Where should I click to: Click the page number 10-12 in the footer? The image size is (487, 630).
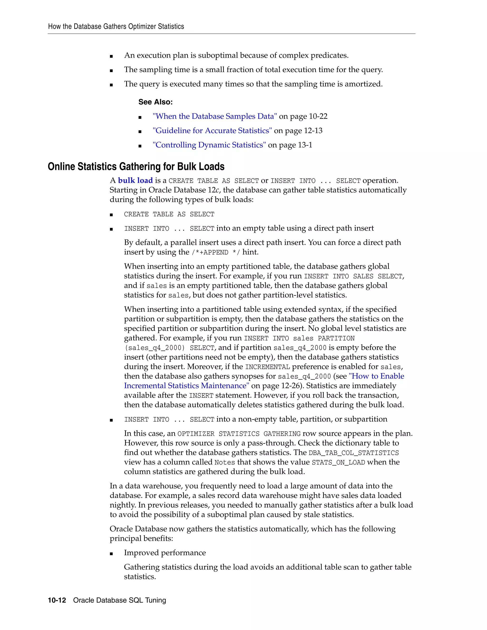click(57, 600)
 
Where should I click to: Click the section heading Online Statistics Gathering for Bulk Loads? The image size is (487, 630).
click(136, 166)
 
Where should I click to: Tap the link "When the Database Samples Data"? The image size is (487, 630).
click(215, 116)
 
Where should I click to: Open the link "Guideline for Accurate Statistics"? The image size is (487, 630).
click(212, 131)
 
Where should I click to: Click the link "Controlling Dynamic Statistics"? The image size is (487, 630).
click(209, 145)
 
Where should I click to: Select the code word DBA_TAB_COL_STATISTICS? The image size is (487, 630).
click(353, 453)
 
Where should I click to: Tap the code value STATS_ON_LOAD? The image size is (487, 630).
click(338, 462)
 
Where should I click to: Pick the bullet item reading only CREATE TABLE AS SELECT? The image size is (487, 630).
click(169, 214)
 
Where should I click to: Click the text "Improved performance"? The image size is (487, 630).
click(165, 553)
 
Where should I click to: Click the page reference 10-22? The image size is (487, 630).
click(318, 116)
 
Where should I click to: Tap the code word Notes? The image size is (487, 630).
click(225, 462)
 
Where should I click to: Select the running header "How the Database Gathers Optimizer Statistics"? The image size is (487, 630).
click(116, 27)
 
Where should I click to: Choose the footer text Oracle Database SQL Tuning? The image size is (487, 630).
click(119, 600)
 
